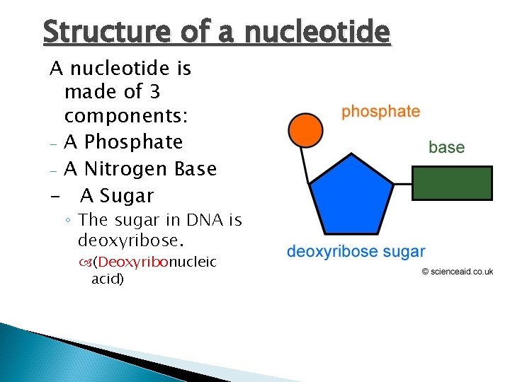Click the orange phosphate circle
coord(306,131)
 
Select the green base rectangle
coord(452,183)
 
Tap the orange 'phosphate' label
coord(380,112)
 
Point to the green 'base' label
coord(446,147)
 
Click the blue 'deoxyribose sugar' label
coord(356,251)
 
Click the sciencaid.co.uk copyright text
coord(457,271)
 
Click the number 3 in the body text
coord(155,92)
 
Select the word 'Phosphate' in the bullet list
coord(123,142)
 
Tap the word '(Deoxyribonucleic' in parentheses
coord(155,262)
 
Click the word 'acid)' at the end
coord(108,279)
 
